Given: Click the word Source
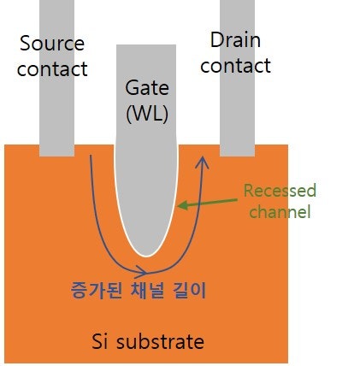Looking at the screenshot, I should click(x=51, y=43).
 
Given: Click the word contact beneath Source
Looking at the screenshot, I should click(x=52, y=68).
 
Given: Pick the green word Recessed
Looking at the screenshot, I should click(x=279, y=191).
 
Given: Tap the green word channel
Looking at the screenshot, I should click(x=280, y=211).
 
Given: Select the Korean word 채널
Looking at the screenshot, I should click(x=150, y=289).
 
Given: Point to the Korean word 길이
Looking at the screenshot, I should click(x=193, y=289).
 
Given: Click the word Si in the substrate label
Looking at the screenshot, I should click(x=101, y=342).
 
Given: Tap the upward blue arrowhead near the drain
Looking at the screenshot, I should click(x=203, y=159).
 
